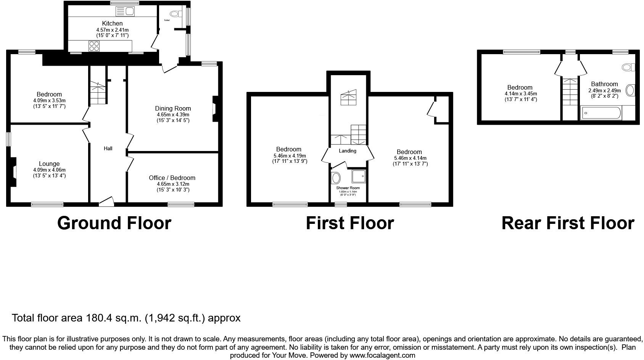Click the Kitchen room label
pyautogui.click(x=112, y=23)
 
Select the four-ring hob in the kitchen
pyautogui.click(x=94, y=46)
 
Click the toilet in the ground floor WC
pyautogui.click(x=175, y=14)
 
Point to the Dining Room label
pyautogui.click(x=173, y=108)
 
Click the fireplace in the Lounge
pyautogui.click(x=14, y=172)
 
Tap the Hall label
pyautogui.click(x=108, y=148)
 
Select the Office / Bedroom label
pyautogui.click(x=172, y=178)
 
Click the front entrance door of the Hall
pyautogui.click(x=106, y=202)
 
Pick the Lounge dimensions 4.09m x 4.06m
pyautogui.click(x=49, y=170)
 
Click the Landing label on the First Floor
pyautogui.click(x=348, y=151)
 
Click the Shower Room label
pyautogui.click(x=348, y=188)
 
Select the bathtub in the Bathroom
pyautogui.click(x=601, y=113)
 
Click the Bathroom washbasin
pyautogui.click(x=630, y=90)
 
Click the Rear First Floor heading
pyautogui.click(x=568, y=223)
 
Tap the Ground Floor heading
pyautogui.click(x=114, y=223)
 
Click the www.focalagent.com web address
pyautogui.click(x=382, y=355)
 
